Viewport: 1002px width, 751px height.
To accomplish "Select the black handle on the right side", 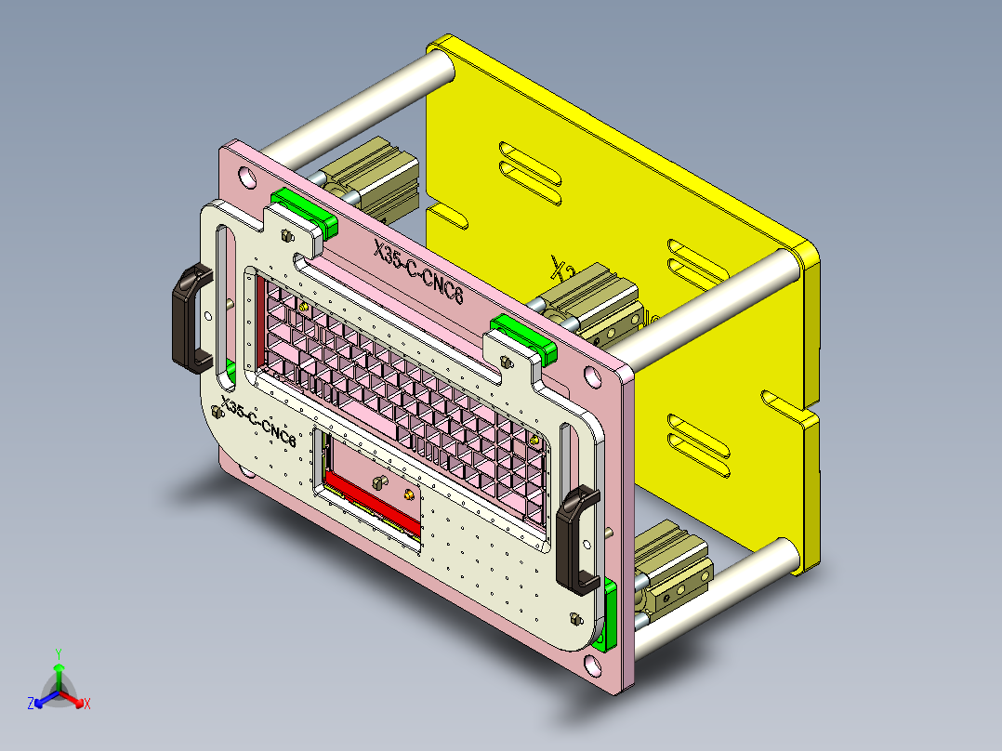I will coord(576,540).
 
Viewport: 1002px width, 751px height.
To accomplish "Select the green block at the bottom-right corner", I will coord(610,613).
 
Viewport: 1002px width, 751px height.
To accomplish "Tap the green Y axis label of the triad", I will coord(58,653).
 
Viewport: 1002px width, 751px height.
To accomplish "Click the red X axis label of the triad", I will coord(86,704).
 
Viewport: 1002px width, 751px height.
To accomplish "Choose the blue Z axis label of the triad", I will coord(31,705).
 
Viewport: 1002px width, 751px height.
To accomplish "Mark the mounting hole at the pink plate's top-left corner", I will coord(245,175).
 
